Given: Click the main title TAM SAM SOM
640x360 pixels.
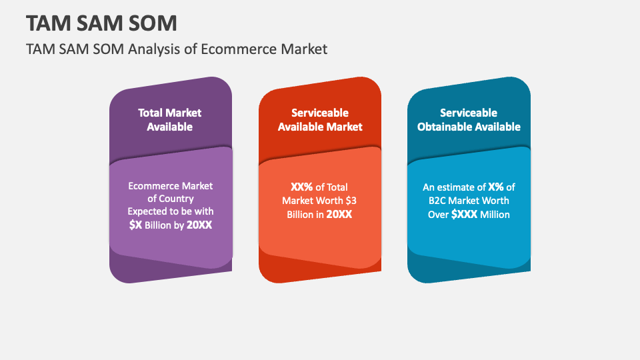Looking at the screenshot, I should point(102,23).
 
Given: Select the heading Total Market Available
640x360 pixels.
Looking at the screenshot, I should point(170,119).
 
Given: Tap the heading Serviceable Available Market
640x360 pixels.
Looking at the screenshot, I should point(320,119).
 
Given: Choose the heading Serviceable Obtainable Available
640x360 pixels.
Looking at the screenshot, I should point(469,119).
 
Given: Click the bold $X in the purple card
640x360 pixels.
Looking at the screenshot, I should point(135,225).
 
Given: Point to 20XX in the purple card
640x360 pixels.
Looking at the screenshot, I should point(199,225).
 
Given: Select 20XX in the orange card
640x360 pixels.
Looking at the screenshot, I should point(339,215).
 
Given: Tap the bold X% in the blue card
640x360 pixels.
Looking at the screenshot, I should point(496,187).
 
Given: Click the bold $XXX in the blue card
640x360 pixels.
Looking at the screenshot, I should point(463,215).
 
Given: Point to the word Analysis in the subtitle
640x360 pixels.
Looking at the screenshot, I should point(155,49).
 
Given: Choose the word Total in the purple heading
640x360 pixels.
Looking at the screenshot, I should point(150,113).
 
